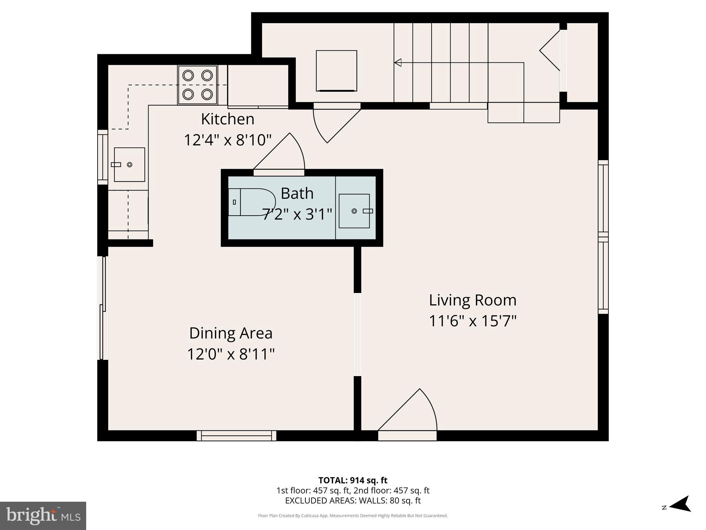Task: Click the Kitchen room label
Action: [x=228, y=119]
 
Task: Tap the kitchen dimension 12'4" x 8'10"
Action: [x=228, y=140]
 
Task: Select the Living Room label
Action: [x=473, y=300]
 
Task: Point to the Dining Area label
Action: [x=231, y=333]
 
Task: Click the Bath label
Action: [x=297, y=193]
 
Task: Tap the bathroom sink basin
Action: [x=354, y=211]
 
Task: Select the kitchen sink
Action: [x=129, y=165]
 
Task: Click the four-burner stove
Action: [x=197, y=85]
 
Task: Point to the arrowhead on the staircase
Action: [x=398, y=63]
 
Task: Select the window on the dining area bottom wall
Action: [x=236, y=435]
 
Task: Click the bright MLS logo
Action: [x=43, y=516]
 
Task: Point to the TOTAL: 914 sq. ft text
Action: [x=353, y=480]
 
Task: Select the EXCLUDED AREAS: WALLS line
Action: [x=353, y=501]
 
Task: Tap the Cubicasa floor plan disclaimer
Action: [x=353, y=516]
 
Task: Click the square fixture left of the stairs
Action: [x=336, y=71]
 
